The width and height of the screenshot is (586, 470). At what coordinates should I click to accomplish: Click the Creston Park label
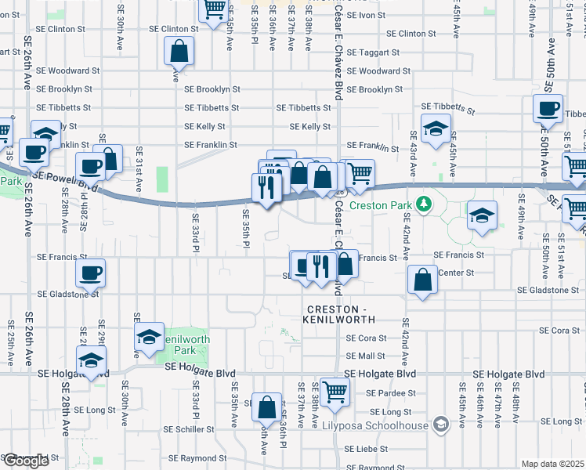[382, 205]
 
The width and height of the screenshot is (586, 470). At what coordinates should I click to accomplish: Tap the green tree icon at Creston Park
[424, 204]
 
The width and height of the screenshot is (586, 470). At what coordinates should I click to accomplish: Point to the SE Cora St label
[366, 338]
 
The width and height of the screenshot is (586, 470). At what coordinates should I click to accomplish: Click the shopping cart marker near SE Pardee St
[335, 391]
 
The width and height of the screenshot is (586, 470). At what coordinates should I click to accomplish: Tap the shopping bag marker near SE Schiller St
[266, 407]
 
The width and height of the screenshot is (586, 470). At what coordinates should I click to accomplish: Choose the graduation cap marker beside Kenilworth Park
[148, 336]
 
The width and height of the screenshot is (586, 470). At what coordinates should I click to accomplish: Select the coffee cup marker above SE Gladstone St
[89, 273]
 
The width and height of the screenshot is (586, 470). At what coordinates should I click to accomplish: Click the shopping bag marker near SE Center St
[422, 279]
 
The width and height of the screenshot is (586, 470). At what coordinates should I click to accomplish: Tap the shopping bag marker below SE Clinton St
[179, 52]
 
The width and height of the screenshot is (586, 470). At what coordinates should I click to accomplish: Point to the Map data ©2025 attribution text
[552, 464]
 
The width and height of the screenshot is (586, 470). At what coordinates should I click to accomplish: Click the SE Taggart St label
[374, 52]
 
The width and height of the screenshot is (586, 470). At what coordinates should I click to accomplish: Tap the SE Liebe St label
[367, 450]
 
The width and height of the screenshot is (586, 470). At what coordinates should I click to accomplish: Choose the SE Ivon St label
[366, 15]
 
